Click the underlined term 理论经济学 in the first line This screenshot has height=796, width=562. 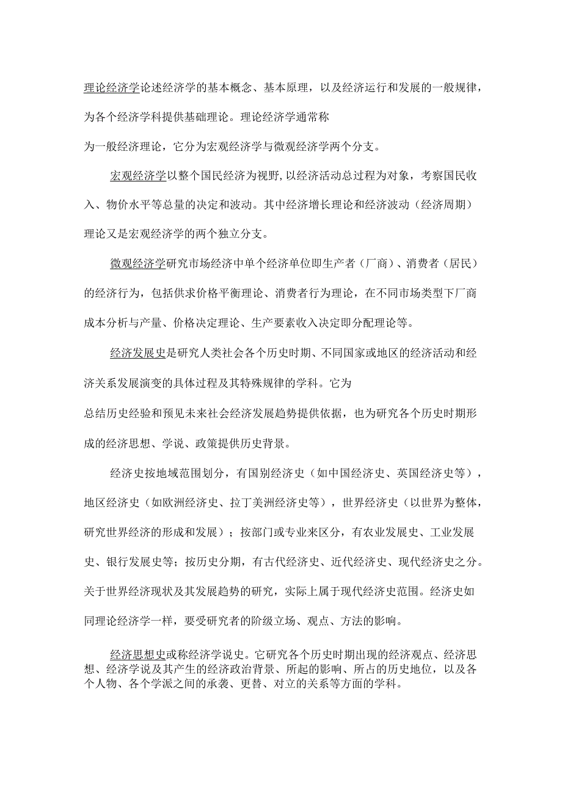[111, 87]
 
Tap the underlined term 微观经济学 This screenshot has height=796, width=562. [138, 264]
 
